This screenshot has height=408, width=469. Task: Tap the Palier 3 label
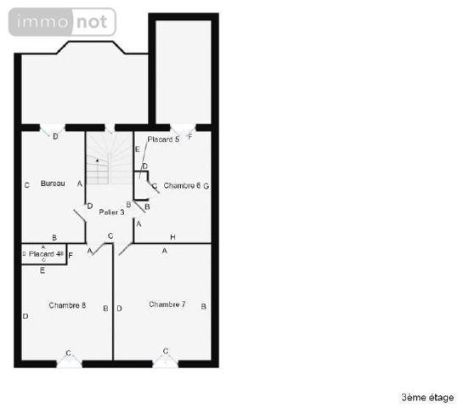111,212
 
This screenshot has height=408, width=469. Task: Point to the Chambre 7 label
167,304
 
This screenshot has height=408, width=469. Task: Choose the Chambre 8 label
66,305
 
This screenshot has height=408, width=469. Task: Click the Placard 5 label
163,139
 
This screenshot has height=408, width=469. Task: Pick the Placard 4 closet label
42,253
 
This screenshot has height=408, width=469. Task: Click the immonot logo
61,21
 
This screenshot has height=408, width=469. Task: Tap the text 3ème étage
427,397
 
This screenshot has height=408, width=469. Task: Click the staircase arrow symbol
97,160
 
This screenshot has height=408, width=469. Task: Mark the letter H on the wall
172,236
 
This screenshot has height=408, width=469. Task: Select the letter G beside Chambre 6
206,184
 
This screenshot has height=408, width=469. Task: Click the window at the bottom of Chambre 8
69,360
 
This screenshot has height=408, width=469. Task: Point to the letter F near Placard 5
189,137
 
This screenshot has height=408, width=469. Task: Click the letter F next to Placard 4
70,254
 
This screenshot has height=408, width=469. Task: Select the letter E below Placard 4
42,270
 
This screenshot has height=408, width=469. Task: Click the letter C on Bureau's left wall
27,184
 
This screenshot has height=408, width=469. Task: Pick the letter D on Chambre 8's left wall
25,316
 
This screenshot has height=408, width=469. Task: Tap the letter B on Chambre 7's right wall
203,305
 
